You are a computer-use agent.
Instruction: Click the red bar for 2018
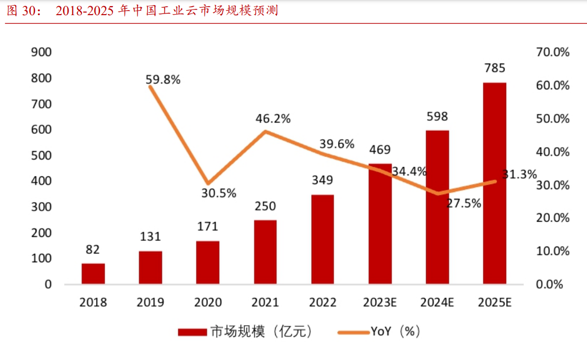pos(93,274)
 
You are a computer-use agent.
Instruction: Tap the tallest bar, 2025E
pos(494,183)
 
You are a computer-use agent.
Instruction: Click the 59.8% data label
pos(163,80)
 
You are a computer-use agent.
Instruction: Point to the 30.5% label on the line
pos(219,193)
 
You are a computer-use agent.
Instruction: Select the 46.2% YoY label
pos(273,119)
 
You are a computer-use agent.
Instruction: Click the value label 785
pos(494,69)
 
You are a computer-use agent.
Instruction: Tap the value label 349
pos(322,180)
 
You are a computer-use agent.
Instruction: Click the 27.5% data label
pos(464,203)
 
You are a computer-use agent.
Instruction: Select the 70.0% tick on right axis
pos(553,52)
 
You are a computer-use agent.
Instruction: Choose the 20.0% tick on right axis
pos(553,218)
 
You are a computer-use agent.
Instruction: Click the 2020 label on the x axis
pos(208,303)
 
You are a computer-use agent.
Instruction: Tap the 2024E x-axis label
pos(437,303)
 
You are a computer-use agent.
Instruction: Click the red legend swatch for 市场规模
pos(193,332)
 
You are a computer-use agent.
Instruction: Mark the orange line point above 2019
pos(151,86)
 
